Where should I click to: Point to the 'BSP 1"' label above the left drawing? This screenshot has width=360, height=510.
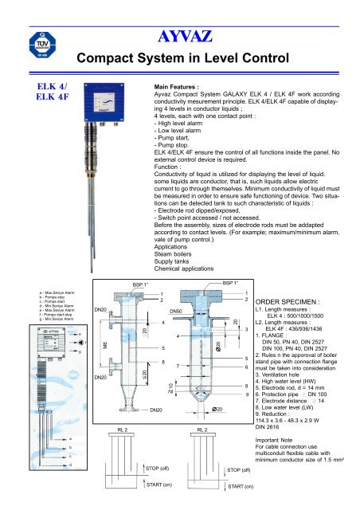point(129,283)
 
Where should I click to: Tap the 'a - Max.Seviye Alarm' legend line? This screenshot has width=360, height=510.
point(28,294)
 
